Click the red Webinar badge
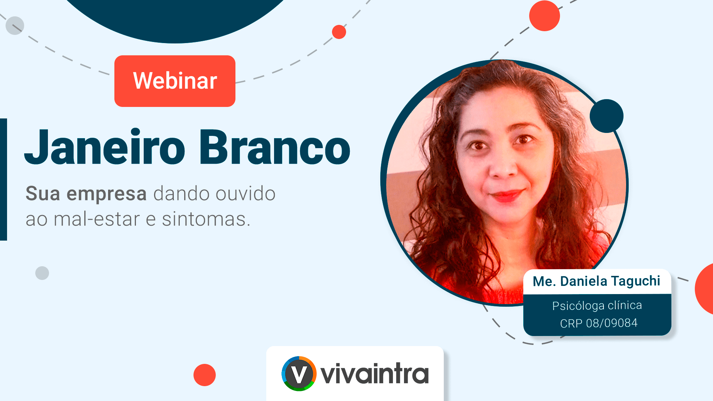pos(175,81)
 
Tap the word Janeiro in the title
pos(105,147)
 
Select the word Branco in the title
pos(275,147)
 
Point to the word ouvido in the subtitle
pos(245,193)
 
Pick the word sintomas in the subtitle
pos(206,219)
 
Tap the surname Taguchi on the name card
pos(635,281)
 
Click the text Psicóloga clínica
pos(597,306)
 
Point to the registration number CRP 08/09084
pos(599,323)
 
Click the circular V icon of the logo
pos(299,374)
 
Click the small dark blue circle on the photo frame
pos(606,116)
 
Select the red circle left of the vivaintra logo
pos(205,375)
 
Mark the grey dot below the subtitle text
pos(42,273)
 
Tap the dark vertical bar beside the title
pos(3,179)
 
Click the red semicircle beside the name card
pos(704,289)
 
